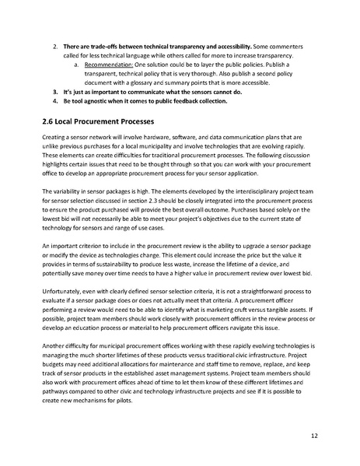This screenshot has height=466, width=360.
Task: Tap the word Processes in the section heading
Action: pos(133,122)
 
